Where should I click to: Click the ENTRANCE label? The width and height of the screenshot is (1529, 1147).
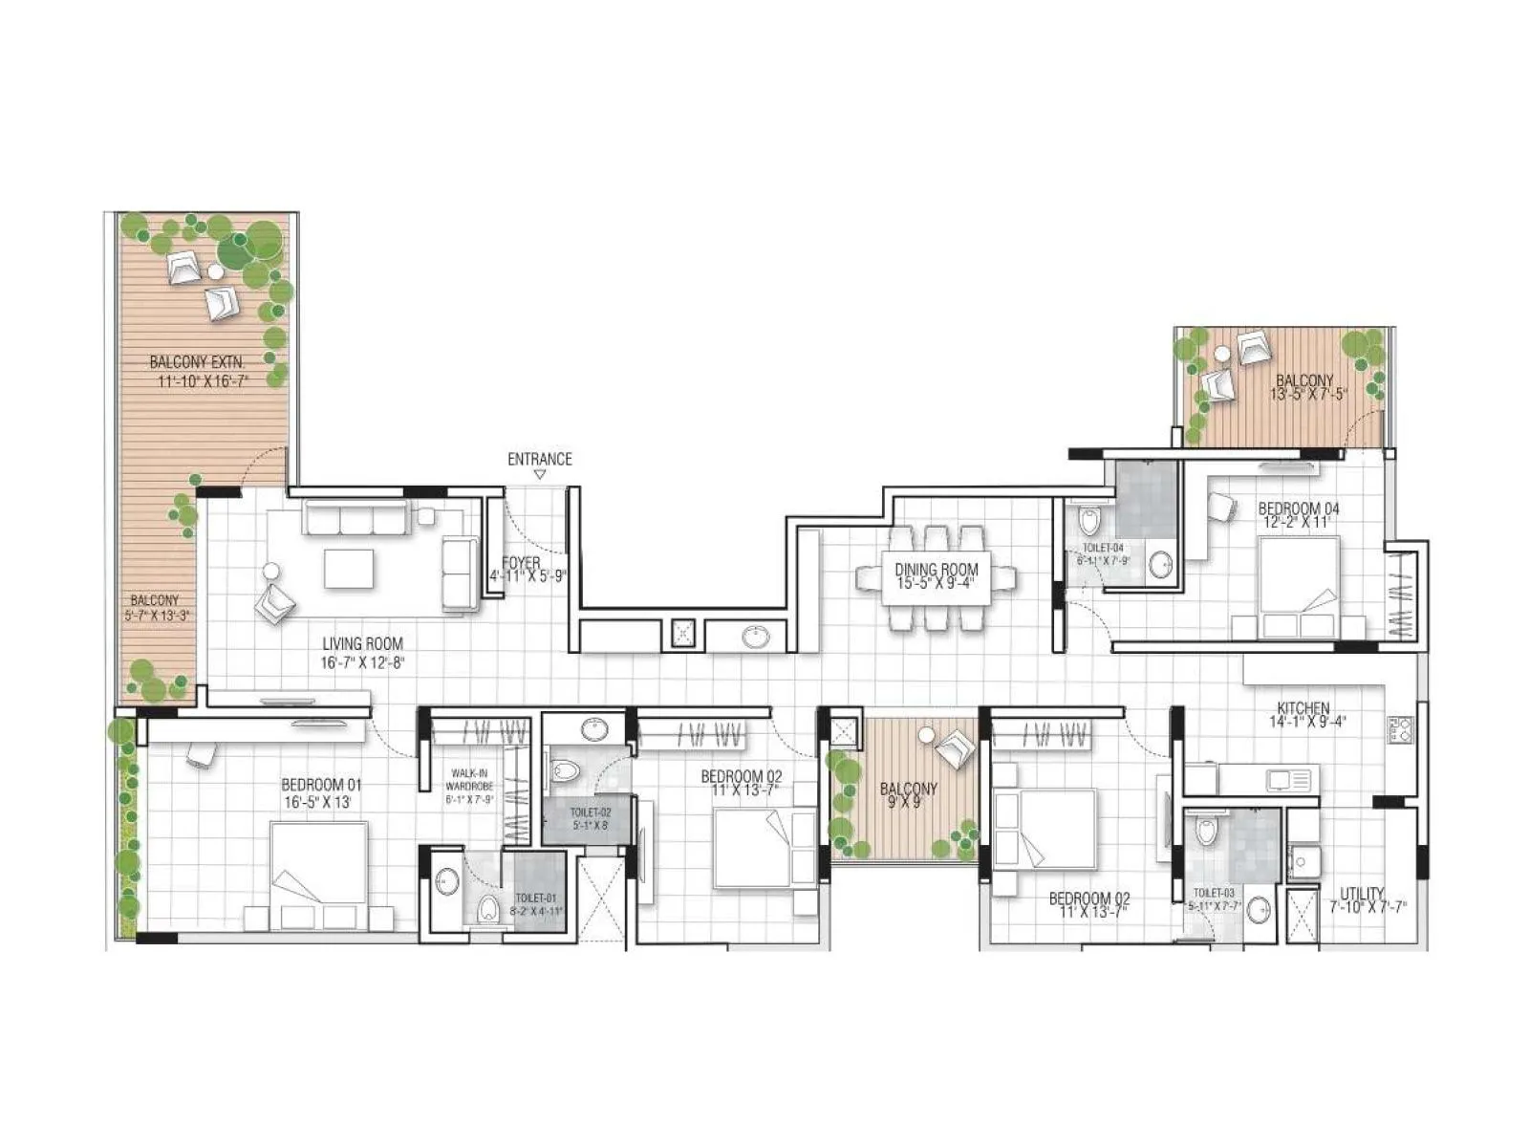[539, 459]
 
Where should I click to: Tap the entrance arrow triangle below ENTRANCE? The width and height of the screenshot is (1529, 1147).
[539, 474]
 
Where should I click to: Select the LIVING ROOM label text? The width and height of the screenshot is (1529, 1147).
[362, 644]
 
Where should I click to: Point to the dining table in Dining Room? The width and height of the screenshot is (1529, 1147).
[937, 577]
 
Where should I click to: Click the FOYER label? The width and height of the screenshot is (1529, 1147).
[521, 564]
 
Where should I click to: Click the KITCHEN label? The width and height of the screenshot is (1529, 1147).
[1303, 708]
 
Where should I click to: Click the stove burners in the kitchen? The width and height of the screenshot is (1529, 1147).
[1399, 730]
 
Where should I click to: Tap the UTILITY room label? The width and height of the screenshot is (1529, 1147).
[1362, 894]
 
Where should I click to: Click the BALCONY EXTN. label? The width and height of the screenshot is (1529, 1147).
[197, 363]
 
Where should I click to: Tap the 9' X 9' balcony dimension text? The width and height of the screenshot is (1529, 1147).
[908, 803]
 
